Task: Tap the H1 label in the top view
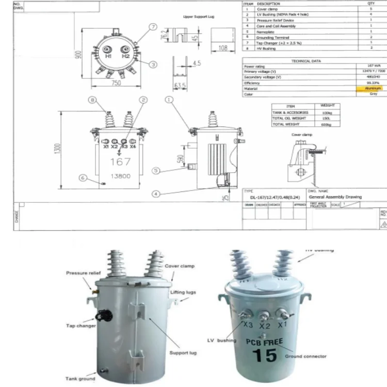pyautogui.click(x=108, y=55)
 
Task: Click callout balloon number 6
pyautogui.click(x=82, y=178)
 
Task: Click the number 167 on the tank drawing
pyautogui.click(x=120, y=162)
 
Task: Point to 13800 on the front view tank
pyautogui.click(x=119, y=176)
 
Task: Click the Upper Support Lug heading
pyautogui.click(x=199, y=17)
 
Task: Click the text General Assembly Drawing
pyautogui.click(x=335, y=197)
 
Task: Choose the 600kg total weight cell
pyautogui.click(x=326, y=124)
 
